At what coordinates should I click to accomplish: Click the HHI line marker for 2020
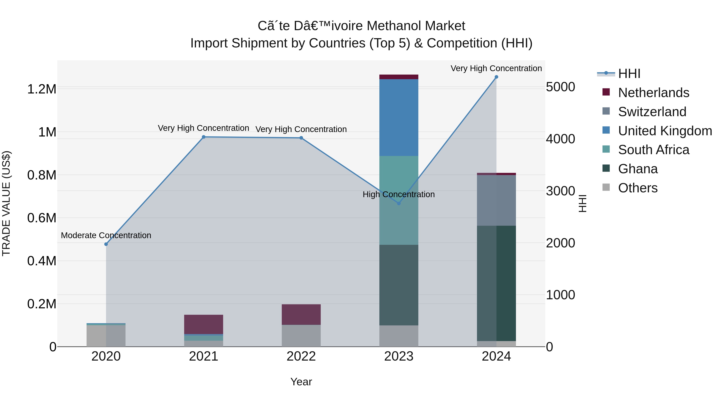tap(106, 244)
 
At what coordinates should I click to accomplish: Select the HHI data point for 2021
tap(204, 137)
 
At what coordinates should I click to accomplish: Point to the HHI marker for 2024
tap(496, 77)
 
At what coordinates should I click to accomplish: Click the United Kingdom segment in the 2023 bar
tap(399, 117)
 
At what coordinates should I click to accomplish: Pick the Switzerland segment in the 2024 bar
tap(496, 200)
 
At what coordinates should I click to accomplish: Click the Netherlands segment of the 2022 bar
tap(301, 315)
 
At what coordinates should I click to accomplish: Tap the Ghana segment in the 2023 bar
tap(399, 285)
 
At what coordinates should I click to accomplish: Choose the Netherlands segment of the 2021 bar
tap(204, 324)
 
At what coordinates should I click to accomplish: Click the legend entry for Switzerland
tap(652, 112)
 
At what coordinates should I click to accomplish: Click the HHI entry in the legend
tap(629, 74)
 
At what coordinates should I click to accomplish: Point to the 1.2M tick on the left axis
tap(42, 89)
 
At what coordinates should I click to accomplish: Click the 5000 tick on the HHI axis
tap(560, 87)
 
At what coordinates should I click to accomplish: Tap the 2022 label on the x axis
tap(301, 356)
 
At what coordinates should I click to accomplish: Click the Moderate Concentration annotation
tap(106, 235)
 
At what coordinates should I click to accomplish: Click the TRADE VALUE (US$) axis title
tap(6, 203)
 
